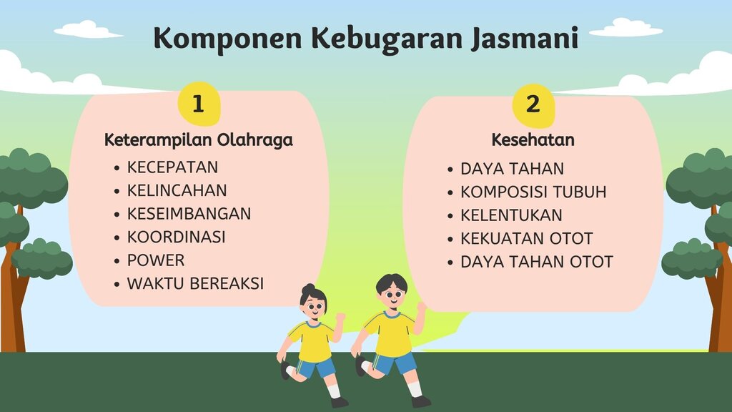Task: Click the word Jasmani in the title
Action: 525,38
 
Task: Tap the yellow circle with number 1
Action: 199,104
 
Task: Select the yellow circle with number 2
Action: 533,105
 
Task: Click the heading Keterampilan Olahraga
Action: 199,139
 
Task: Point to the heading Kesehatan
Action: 533,139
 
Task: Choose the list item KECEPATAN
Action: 172,167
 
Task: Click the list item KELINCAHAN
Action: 177,190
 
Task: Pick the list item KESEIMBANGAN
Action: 189,214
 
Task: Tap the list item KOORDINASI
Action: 176,237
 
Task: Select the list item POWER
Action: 156,260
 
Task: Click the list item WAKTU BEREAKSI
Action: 195,283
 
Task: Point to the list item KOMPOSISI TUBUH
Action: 533,192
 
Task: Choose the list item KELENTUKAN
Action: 511,215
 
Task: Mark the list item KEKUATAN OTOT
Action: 527,239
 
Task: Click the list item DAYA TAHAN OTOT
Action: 536,262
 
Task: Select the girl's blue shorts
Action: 317,367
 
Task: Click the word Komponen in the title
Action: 227,39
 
